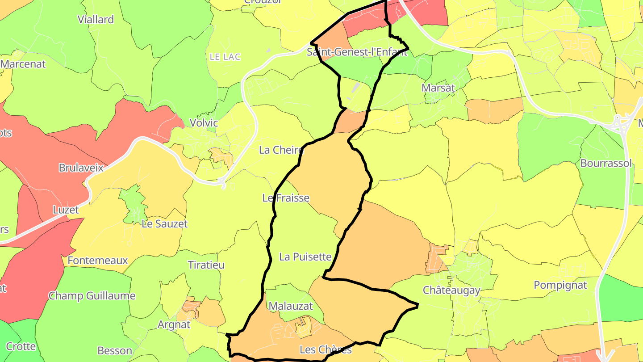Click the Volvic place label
coord(204,123)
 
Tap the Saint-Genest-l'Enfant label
coord(357,52)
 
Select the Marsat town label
coord(438,88)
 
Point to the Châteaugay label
coord(451,290)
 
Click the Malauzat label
coord(291,307)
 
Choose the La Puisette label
coord(305,257)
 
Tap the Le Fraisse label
coord(286,198)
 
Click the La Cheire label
coord(281,150)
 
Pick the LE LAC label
coord(225,57)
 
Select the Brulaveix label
coord(81,168)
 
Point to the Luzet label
coord(66,210)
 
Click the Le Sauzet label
coord(165,224)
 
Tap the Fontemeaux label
coord(98,261)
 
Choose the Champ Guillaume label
coord(92,296)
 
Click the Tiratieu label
coord(206,265)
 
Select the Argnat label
coord(174,325)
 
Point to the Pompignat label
coord(560,285)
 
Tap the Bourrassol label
coord(606,163)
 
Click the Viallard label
coord(96,20)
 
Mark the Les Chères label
coord(326,349)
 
